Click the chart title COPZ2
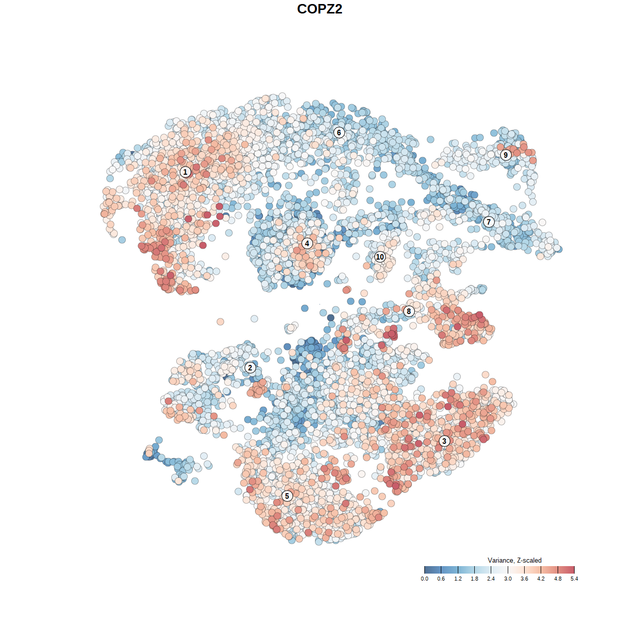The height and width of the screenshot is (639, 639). click(319, 9)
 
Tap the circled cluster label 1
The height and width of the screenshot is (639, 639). click(185, 172)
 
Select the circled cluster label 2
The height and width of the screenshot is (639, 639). click(250, 368)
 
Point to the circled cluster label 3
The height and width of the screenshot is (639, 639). click(444, 441)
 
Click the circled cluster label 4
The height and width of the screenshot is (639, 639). click(307, 244)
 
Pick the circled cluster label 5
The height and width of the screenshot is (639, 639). click(287, 496)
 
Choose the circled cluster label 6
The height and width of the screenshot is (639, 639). click(339, 132)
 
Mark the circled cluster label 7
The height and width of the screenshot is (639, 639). click(489, 222)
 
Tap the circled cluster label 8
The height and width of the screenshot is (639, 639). click(409, 312)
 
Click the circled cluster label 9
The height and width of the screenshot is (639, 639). click(506, 155)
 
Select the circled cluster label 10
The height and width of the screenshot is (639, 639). click(380, 257)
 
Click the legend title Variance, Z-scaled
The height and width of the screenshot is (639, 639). click(514, 560)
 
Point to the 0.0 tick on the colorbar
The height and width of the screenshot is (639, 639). click(424, 579)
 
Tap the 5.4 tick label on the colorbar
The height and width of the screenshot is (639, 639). click(574, 579)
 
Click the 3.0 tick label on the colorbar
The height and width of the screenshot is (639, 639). click(508, 579)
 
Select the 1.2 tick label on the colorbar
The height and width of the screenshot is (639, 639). click(458, 579)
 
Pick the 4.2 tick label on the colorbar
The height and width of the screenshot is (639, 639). click(541, 579)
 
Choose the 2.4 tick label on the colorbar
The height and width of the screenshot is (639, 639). click(491, 579)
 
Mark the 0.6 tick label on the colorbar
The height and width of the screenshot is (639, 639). click(441, 579)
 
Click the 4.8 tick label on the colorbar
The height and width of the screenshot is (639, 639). click(558, 579)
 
